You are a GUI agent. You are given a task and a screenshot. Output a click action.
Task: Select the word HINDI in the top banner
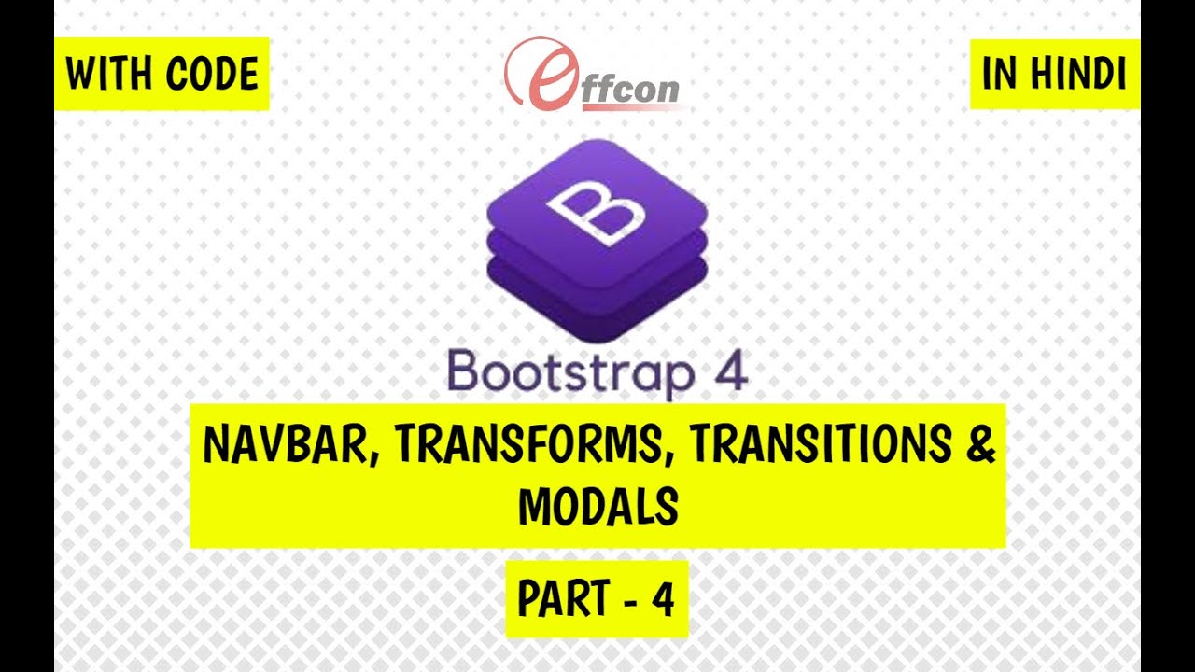click(1077, 75)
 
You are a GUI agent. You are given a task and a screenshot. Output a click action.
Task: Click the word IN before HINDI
click(999, 75)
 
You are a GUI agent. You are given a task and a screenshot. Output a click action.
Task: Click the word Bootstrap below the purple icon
click(570, 372)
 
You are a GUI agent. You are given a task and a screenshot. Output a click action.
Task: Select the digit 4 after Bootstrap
click(731, 371)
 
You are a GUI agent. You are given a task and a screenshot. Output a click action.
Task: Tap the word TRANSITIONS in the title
click(818, 446)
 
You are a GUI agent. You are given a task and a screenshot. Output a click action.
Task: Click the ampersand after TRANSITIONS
click(978, 446)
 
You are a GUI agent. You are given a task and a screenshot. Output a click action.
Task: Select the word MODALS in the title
click(597, 508)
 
